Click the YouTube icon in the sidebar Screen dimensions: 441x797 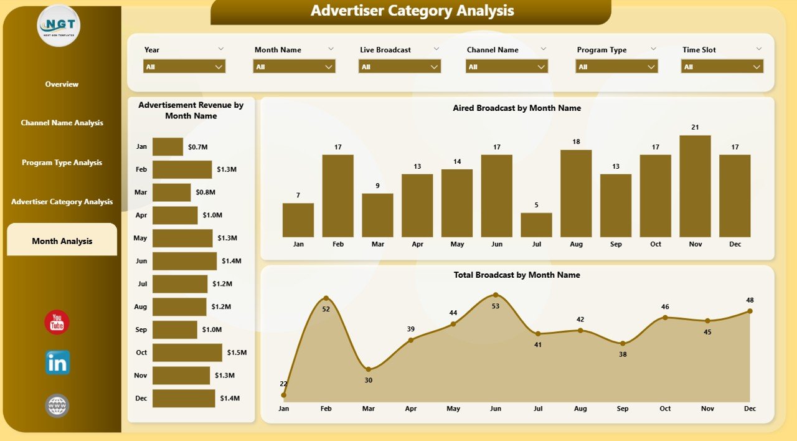(57, 323)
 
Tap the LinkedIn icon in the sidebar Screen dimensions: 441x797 (57, 363)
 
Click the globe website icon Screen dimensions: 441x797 (57, 405)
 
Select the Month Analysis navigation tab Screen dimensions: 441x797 (62, 241)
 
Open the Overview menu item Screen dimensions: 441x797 (62, 84)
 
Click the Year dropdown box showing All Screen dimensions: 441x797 (184, 67)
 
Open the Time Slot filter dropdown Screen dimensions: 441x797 (722, 67)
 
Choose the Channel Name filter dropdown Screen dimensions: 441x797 (506, 67)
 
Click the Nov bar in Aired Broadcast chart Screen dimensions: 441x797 (695, 186)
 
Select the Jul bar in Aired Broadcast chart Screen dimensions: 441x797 (536, 225)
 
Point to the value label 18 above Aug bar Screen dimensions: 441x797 (576, 141)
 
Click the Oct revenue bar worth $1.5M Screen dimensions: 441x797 (187, 353)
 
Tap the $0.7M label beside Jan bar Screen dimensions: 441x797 (194, 147)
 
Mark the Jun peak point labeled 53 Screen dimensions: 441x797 (495, 295)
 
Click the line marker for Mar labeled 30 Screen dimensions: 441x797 (369, 369)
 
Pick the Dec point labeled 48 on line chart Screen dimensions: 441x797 (750, 311)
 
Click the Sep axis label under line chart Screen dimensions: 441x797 (623, 409)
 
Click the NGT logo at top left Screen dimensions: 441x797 (59, 26)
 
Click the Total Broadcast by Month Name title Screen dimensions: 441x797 (517, 275)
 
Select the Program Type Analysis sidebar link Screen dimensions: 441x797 (62, 163)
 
